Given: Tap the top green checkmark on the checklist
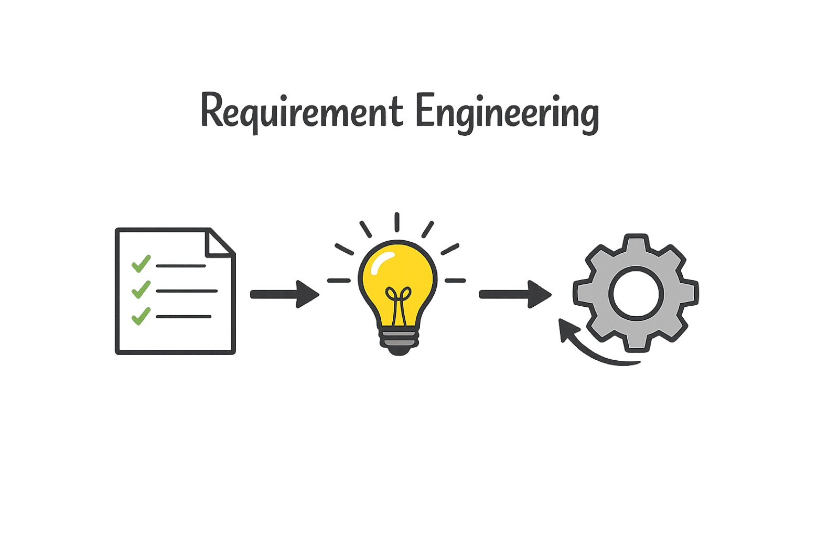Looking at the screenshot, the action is [141, 264].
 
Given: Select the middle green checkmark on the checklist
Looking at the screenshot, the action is [141, 289].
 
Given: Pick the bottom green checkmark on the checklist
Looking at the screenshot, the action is [141, 316].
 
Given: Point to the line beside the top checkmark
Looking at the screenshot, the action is [181, 266].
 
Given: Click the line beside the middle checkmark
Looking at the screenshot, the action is [187, 291].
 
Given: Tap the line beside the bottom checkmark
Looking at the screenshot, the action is [184, 317].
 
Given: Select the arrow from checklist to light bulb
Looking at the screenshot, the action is [285, 295].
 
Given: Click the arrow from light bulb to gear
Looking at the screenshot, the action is [515, 295].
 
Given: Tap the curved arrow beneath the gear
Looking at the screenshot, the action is [588, 352].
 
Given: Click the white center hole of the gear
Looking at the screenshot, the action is [636, 293].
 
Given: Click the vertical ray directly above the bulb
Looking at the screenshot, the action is [397, 222].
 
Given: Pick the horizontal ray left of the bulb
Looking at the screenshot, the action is [339, 280].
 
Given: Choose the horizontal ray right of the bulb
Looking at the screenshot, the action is [456, 280].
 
